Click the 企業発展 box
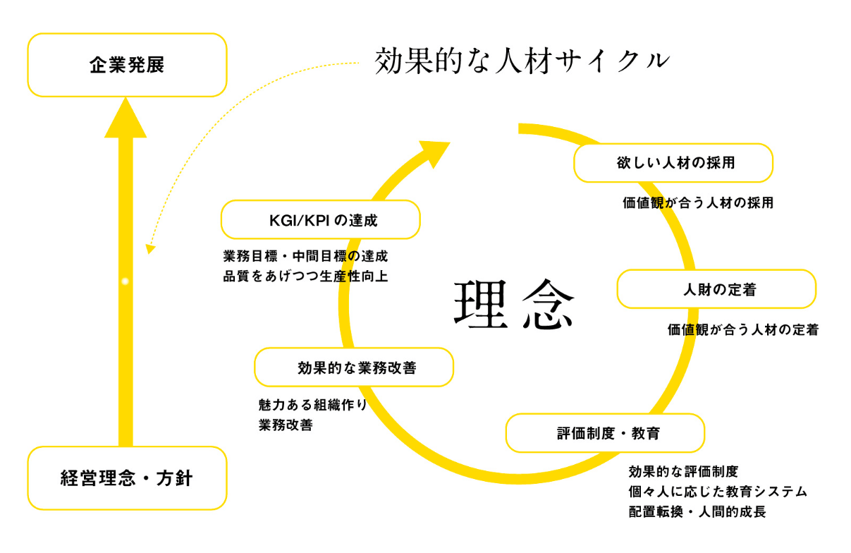point(127,65)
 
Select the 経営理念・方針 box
point(127,478)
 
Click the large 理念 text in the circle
point(514,305)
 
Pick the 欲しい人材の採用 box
point(673,163)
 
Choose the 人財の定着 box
point(716,289)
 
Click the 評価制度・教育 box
point(605,433)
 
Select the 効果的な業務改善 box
point(353,367)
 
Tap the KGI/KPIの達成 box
point(321,220)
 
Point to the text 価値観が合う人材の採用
point(698,203)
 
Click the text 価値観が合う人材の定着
point(742,329)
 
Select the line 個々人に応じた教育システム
point(717,492)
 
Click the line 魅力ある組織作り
point(313,406)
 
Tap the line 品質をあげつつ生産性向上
point(305,276)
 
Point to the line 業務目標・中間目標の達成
point(305,256)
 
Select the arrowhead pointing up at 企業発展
point(125,117)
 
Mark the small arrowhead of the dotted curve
point(149,249)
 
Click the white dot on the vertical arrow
point(125,281)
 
